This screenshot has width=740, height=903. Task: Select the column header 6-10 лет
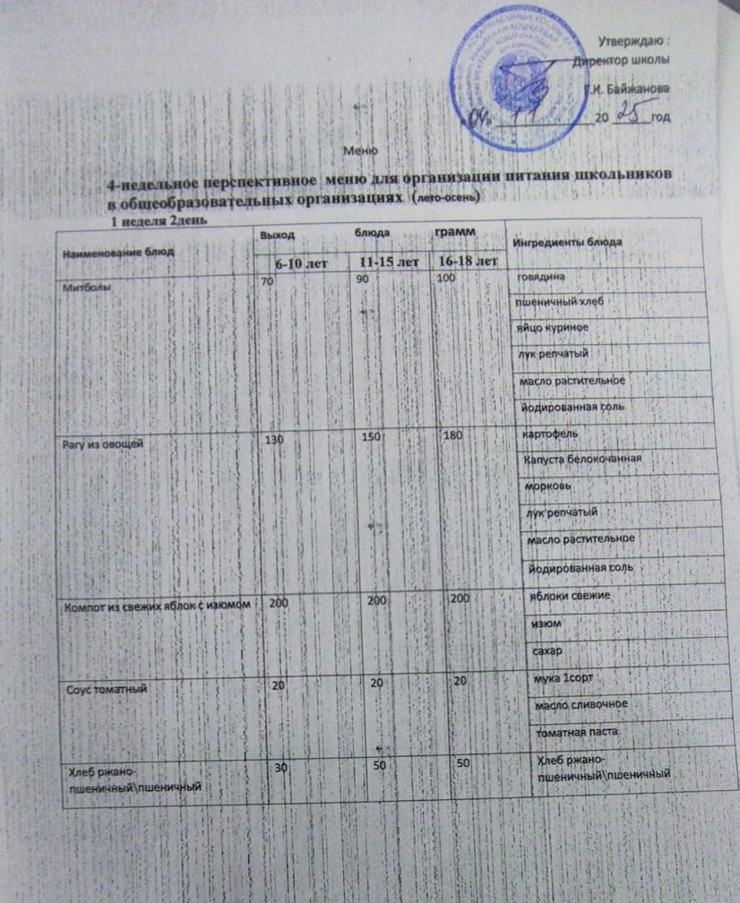coord(299,262)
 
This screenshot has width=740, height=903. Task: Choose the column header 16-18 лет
coord(464,262)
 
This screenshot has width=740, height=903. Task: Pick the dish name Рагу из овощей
coord(102,443)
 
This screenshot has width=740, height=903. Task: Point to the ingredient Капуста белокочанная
coord(581,460)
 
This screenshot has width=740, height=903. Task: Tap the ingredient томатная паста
coord(576,733)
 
